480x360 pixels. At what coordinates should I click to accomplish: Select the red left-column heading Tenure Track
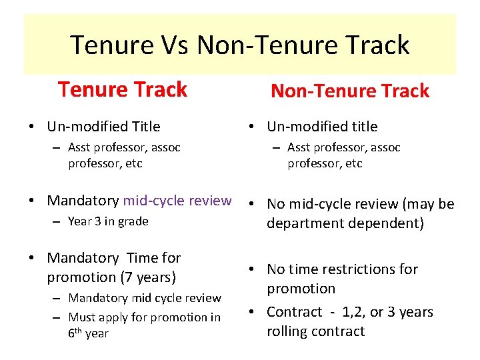[123, 89]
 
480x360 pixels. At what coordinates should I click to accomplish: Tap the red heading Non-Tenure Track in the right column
[349, 91]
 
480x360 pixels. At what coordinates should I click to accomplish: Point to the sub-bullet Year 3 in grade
[108, 221]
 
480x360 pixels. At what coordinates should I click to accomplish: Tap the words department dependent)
[345, 223]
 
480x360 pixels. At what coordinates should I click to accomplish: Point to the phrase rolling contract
[316, 331]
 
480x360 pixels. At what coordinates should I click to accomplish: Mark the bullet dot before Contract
[255, 312]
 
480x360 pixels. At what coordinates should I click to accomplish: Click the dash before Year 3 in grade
[58, 222]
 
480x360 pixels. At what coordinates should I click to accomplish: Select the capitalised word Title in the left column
[145, 127]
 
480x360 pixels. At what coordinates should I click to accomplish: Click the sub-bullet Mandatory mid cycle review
[145, 298]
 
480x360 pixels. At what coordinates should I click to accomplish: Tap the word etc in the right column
[353, 163]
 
